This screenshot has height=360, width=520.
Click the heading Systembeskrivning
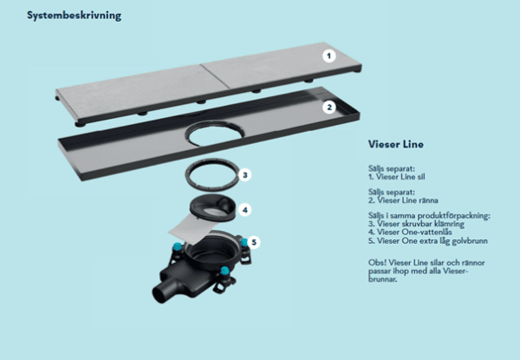pyautogui.click(x=74, y=16)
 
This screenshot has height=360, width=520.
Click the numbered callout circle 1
pyautogui.click(x=328, y=55)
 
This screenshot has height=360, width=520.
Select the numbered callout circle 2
pyautogui.click(x=328, y=108)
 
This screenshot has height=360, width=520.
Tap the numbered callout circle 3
pyautogui.click(x=245, y=174)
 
